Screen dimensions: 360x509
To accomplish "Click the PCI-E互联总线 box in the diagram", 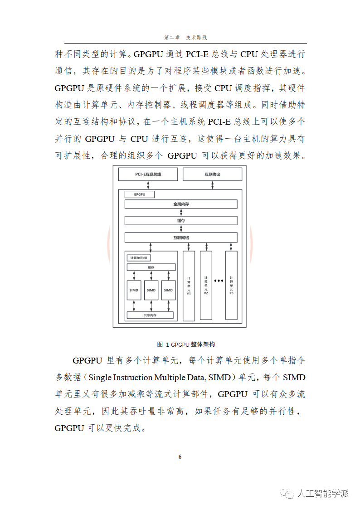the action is point(148,175).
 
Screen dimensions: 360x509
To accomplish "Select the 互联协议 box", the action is point(212,175).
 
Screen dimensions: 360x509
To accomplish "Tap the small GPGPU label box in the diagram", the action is point(139,194).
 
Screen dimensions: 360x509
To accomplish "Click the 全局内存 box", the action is point(181,204).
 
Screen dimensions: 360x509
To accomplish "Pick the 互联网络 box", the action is point(181,238).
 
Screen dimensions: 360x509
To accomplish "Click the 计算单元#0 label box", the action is point(139,258).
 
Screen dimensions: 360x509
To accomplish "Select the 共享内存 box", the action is point(150,315).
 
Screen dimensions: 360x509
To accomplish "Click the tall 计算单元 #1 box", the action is point(189,285).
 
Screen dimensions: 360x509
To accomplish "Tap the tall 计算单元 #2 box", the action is point(206,285).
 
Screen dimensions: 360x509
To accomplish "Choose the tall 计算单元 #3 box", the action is point(231,285).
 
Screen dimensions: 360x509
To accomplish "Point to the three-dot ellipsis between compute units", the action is point(219,281).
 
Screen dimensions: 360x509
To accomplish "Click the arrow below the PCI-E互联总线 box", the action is point(148,185).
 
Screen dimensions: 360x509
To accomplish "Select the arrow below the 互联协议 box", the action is point(212,185).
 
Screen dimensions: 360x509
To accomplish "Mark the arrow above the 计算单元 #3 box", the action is point(231,247).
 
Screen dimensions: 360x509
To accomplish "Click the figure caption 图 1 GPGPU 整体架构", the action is point(180,344).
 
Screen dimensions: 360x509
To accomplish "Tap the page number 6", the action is point(180,456).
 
